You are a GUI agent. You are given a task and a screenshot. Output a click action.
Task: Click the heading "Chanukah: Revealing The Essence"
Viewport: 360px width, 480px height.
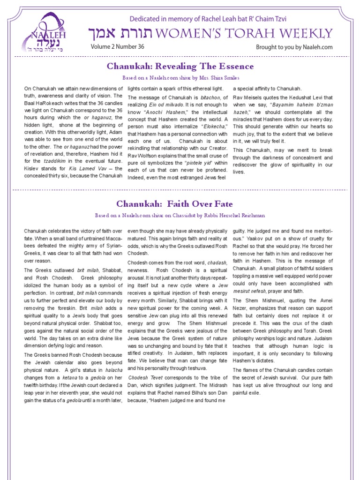coord(180,66)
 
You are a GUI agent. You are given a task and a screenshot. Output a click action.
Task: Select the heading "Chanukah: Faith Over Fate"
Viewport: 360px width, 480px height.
coord(174,204)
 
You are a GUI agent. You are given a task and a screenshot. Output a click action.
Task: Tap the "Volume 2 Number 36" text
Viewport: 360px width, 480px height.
coord(118,47)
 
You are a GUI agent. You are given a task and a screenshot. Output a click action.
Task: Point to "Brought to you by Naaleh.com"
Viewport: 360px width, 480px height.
coord(294,47)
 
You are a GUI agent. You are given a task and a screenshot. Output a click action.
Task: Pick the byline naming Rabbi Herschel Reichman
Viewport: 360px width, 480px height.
coord(180,215)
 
